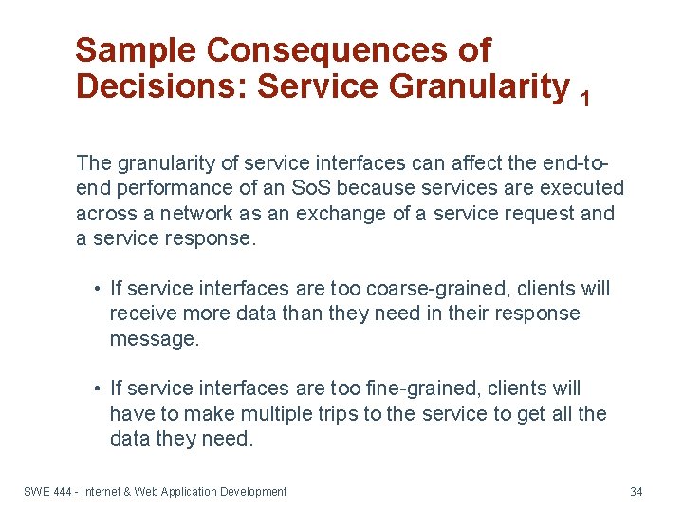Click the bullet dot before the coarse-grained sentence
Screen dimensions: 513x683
coord(98,289)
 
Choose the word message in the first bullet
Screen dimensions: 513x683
coord(154,339)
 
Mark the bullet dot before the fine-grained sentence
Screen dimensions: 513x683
coord(98,389)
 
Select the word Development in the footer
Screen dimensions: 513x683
coord(252,492)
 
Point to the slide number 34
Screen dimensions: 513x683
coord(637,492)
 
